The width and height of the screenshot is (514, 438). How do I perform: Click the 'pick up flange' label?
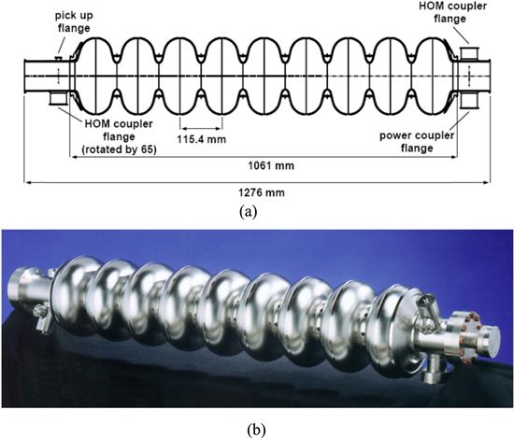click(x=74, y=22)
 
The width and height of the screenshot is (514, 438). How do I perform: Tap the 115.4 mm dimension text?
click(x=202, y=139)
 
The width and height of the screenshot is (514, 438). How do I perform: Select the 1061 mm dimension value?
click(x=271, y=165)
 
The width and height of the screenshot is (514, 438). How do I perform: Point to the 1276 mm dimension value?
click(x=262, y=192)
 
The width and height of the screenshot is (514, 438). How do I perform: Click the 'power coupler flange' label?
click(x=417, y=142)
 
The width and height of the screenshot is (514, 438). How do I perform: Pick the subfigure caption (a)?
click(x=249, y=211)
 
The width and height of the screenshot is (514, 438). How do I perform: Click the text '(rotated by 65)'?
click(x=119, y=149)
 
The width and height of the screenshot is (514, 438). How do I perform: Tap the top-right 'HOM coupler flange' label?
click(x=452, y=12)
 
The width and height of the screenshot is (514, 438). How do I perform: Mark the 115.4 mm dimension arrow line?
click(x=201, y=128)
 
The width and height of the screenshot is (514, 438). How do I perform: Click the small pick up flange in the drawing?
click(x=58, y=59)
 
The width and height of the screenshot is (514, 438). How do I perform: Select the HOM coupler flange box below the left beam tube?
click(x=58, y=99)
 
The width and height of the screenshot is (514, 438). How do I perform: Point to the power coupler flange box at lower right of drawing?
click(x=469, y=101)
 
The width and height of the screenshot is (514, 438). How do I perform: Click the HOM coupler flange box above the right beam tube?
click(x=469, y=54)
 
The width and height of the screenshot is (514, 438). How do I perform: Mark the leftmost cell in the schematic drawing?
click(x=95, y=76)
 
